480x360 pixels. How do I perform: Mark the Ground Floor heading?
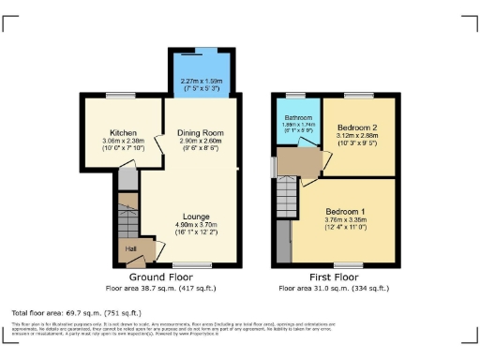pyautogui.click(x=161, y=277)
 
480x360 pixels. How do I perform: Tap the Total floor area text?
pyautogui.click(x=76, y=311)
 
